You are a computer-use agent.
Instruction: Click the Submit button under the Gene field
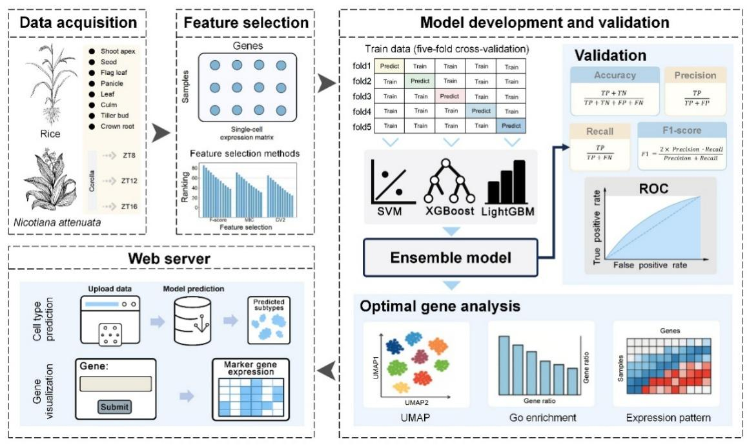point(115,407)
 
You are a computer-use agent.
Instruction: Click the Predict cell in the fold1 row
point(389,66)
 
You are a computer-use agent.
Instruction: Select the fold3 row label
point(358,96)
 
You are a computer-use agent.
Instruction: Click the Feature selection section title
point(246,23)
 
